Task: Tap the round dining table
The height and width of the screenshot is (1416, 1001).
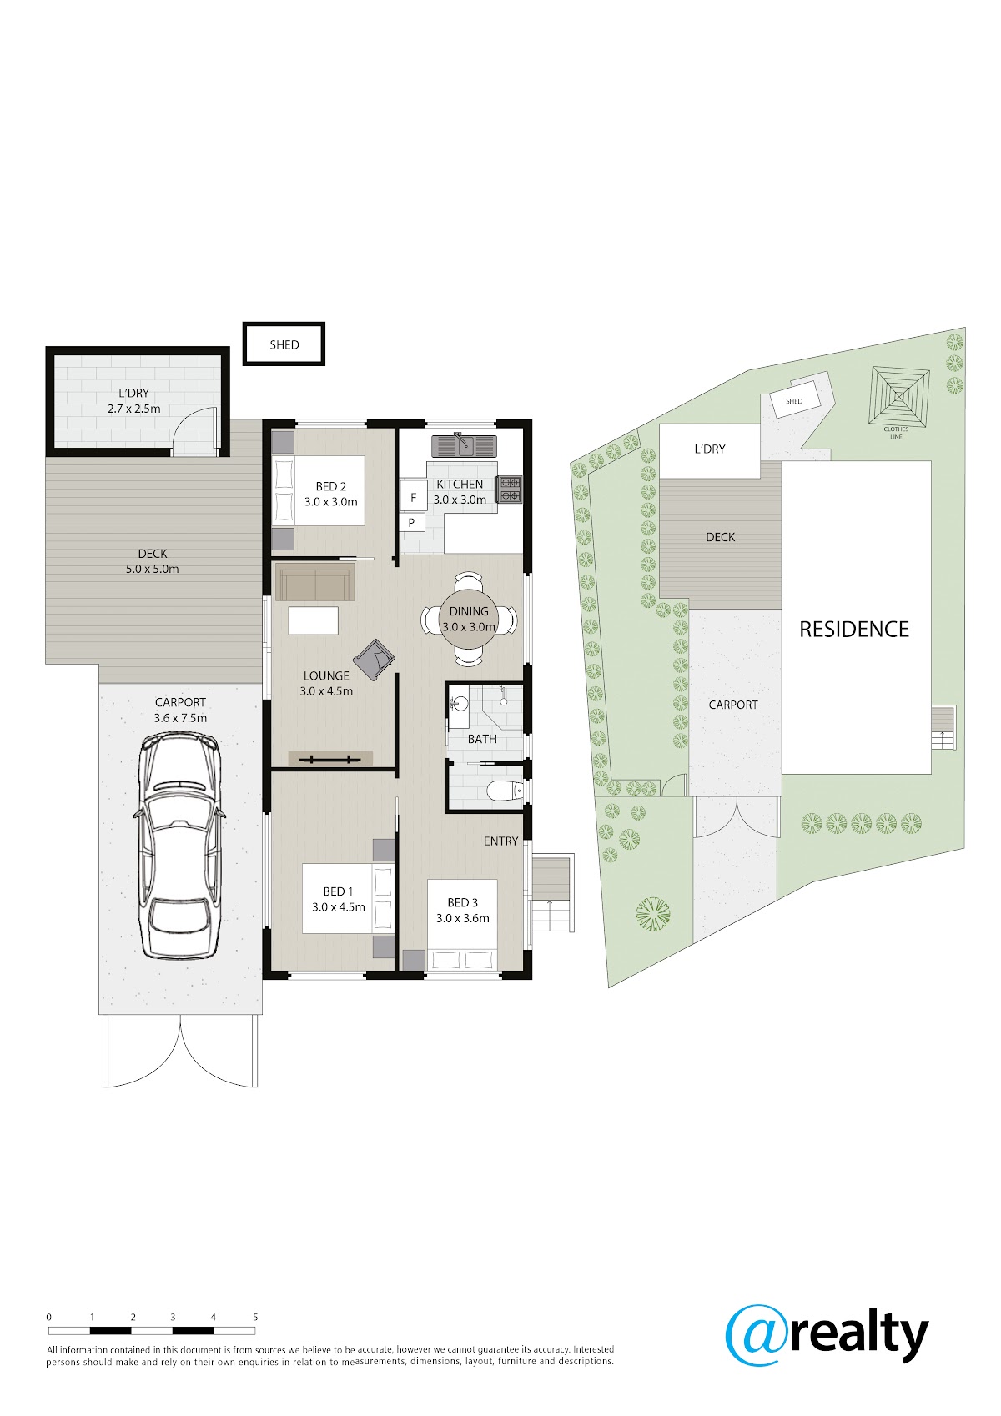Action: pos(469,619)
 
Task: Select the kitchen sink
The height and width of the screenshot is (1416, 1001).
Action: pos(464,445)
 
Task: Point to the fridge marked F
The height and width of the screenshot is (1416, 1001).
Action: pos(413,498)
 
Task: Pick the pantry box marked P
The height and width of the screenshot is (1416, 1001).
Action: pos(411,522)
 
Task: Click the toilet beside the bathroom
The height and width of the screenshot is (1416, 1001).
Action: pos(506,789)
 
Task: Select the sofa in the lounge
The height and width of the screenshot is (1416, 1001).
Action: pos(315,584)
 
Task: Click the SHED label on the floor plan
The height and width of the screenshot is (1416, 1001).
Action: pos(284,344)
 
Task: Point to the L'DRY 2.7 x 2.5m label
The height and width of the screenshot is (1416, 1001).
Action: pos(134,401)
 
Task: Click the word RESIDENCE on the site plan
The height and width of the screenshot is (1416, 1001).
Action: pos(853,629)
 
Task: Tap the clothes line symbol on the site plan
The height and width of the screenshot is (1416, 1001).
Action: pos(898,397)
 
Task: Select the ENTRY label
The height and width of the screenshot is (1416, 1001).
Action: pos(500,841)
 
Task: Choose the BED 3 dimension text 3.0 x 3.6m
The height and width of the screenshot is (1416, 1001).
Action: pos(463,918)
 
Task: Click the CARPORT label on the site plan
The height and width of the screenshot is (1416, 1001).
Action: pos(733,705)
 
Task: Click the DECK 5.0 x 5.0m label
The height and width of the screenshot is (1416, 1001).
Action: pos(153,561)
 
